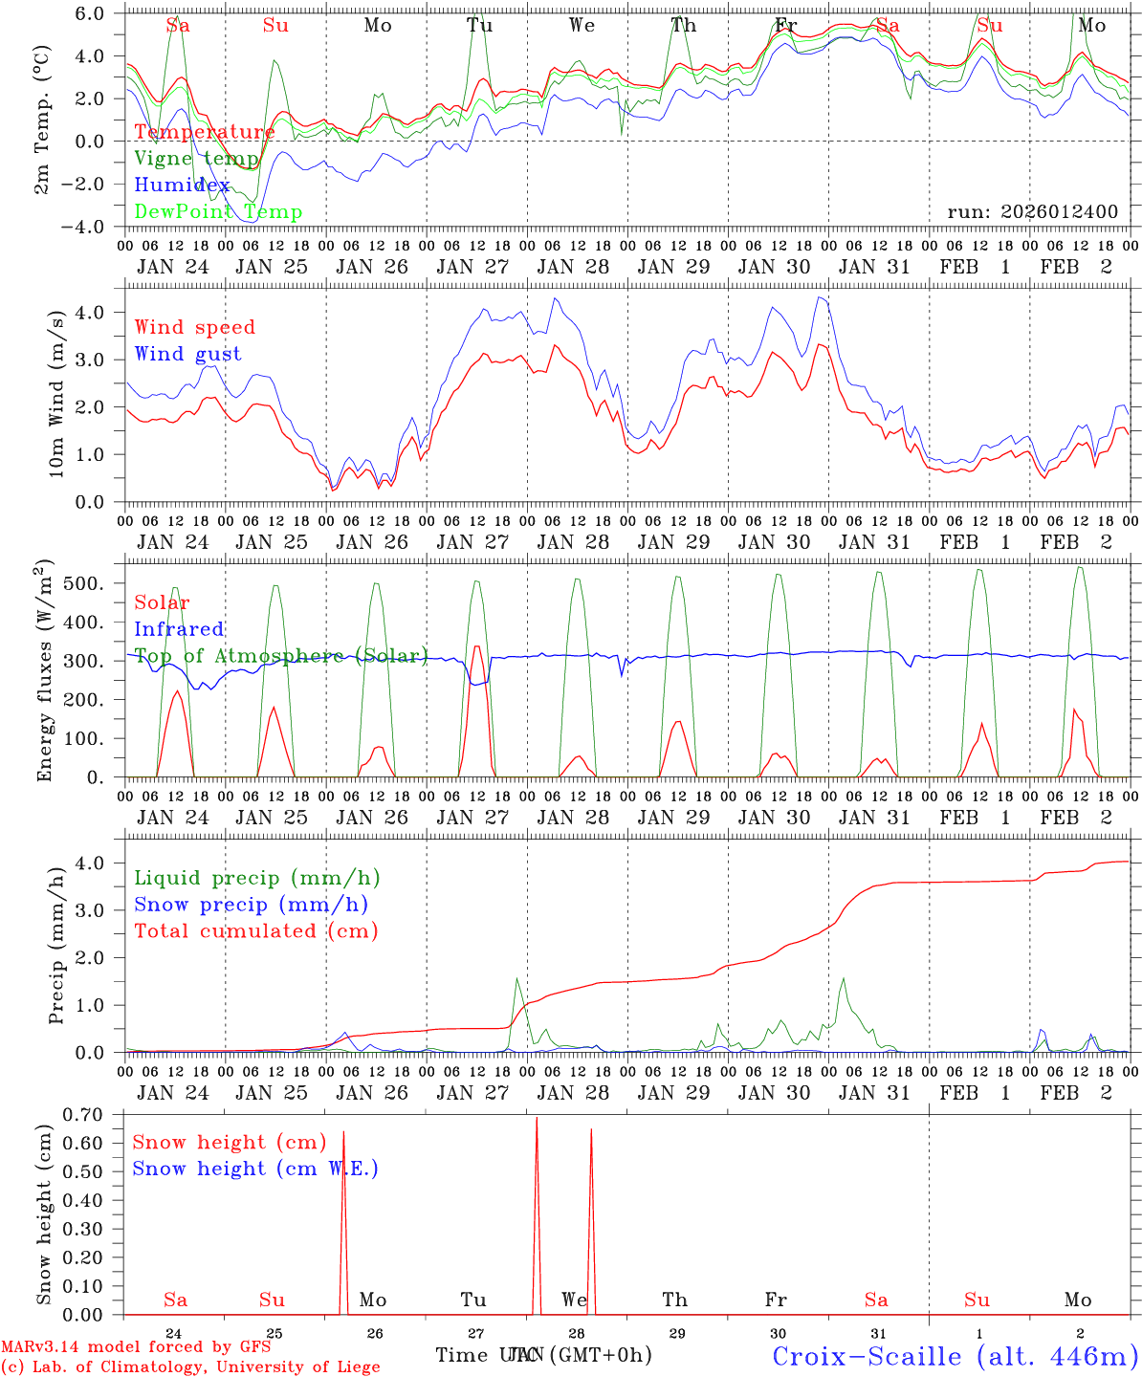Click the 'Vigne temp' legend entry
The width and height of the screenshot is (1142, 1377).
pyautogui.click(x=196, y=159)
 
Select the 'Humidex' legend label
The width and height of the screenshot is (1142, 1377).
pyautogui.click(x=182, y=186)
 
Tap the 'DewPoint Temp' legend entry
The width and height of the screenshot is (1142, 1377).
pyautogui.click(x=218, y=212)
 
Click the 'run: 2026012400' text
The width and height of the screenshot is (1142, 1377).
pyautogui.click(x=1032, y=212)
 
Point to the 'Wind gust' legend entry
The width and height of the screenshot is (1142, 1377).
pyautogui.click(x=187, y=354)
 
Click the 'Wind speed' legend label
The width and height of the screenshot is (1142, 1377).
pyautogui.click(x=195, y=327)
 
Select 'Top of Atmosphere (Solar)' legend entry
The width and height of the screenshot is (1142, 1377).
pyautogui.click(x=281, y=656)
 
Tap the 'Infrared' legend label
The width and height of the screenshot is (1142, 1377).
pyautogui.click(x=179, y=629)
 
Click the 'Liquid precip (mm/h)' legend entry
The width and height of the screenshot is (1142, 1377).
pyautogui.click(x=257, y=878)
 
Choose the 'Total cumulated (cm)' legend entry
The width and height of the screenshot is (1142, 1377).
pyautogui.click(x=256, y=930)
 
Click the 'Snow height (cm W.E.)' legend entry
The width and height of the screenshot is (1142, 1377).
pyautogui.click(x=255, y=1169)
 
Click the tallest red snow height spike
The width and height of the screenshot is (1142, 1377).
pyautogui.click(x=537, y=1119)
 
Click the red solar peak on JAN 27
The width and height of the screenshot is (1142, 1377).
pyautogui.click(x=476, y=647)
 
